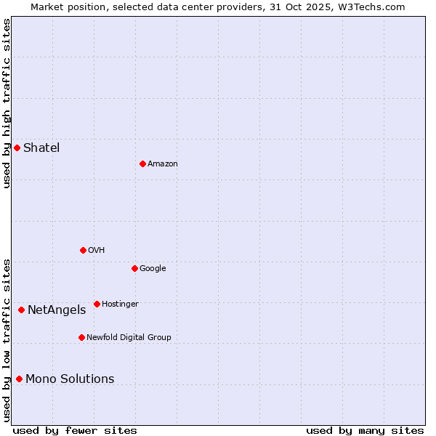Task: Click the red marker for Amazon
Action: click(142, 163)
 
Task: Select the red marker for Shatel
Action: click(17, 148)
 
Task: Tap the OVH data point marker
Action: click(83, 250)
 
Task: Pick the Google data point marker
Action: click(134, 268)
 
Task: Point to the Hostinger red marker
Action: click(97, 304)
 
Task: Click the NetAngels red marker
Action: click(21, 310)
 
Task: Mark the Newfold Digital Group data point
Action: click(81, 337)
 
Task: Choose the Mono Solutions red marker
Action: click(19, 379)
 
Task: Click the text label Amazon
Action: click(163, 164)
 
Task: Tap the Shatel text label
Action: click(41, 148)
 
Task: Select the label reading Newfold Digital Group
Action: click(129, 337)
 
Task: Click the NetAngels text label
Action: click(57, 310)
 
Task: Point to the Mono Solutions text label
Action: click(70, 379)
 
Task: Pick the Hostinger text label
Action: click(120, 304)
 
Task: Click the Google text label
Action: click(153, 269)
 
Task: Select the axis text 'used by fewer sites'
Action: click(75, 430)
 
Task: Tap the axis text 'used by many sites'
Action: click(365, 430)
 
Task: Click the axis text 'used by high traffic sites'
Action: click(7, 102)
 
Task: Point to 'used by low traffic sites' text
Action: click(7, 340)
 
